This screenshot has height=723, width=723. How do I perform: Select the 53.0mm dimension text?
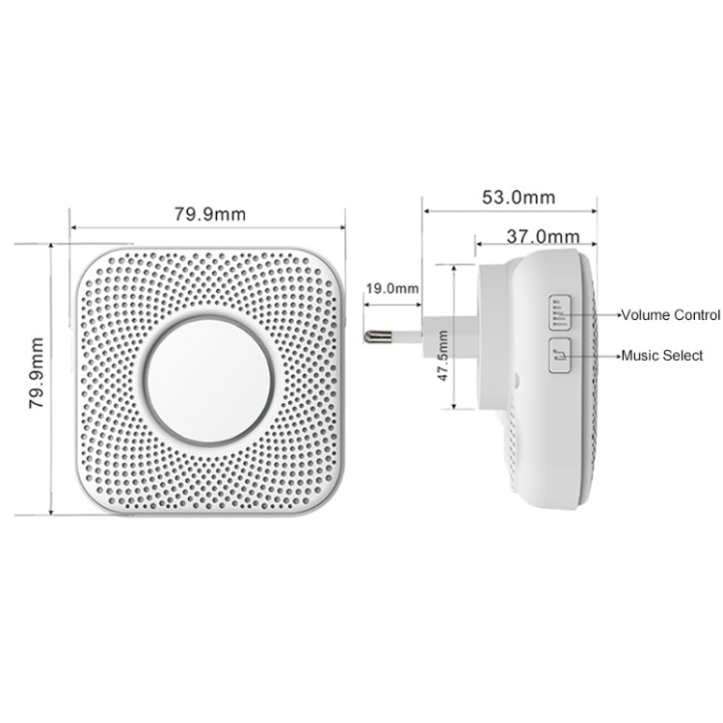(518, 197)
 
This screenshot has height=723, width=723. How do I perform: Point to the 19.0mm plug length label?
(392, 286)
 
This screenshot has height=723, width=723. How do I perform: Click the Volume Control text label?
(669, 315)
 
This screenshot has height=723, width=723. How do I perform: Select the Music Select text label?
(661, 356)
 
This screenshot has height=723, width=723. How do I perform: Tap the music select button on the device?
(561, 356)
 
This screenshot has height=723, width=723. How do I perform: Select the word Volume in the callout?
(642, 315)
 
